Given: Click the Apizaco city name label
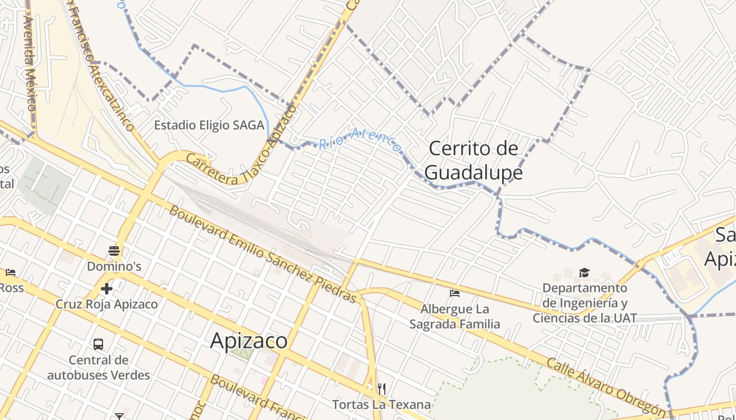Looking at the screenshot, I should click(x=249, y=341).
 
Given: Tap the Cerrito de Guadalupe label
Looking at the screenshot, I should click(x=473, y=160).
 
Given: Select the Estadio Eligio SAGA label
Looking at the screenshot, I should click(x=209, y=125).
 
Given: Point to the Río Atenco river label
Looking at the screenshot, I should click(x=360, y=139).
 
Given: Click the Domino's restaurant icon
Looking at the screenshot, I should click(x=114, y=251).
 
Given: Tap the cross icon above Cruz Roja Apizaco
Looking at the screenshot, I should click(x=107, y=289).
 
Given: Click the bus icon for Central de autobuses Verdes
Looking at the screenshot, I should click(x=98, y=344).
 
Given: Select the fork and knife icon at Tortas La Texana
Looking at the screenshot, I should click(x=382, y=389).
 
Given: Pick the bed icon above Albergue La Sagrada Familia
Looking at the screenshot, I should click(x=455, y=293).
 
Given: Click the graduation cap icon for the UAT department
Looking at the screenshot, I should click(x=584, y=272).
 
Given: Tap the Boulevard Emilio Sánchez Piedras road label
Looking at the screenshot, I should click(x=263, y=254).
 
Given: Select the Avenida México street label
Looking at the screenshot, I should click(x=30, y=63).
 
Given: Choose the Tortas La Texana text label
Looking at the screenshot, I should click(x=381, y=405).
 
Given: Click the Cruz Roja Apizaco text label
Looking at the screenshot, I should click(x=107, y=304).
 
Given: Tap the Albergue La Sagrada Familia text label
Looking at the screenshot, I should click(x=455, y=317).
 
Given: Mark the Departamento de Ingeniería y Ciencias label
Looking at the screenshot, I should click(x=585, y=303).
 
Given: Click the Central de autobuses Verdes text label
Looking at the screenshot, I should click(x=98, y=367).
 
